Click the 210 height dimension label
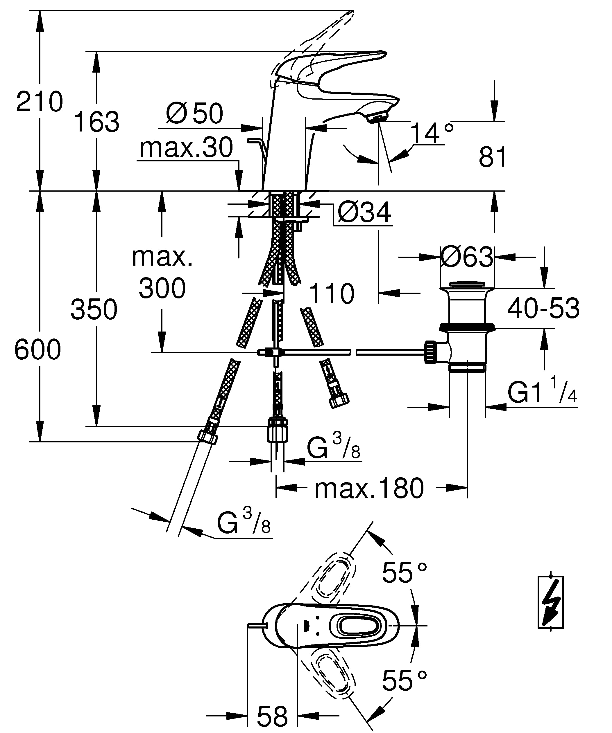[x=40, y=102]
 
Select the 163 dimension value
[x=97, y=121]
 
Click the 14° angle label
[x=432, y=133]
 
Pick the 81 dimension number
[x=493, y=157]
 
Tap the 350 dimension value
[x=94, y=309]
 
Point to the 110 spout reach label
[x=332, y=293]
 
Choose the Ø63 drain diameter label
[x=467, y=257]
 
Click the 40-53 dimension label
[x=543, y=308]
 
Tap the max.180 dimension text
[x=369, y=488]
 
